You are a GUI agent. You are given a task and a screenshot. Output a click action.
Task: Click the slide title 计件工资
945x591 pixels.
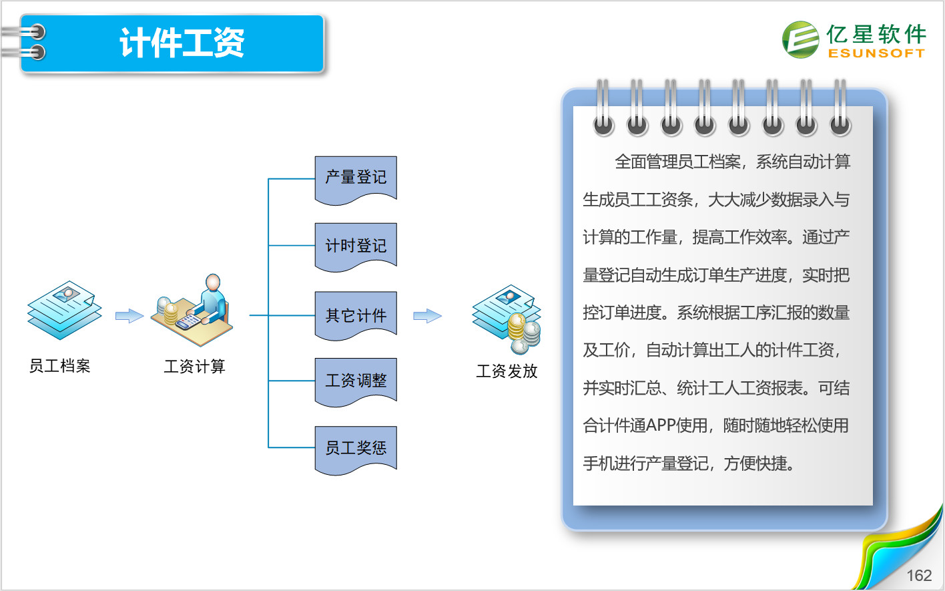click(x=182, y=43)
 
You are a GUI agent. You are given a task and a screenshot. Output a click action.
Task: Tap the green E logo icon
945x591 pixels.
click(x=801, y=39)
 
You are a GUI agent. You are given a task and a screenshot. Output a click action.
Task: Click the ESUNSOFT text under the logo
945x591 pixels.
click(x=876, y=53)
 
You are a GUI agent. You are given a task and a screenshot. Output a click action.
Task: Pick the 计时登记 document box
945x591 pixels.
click(x=356, y=247)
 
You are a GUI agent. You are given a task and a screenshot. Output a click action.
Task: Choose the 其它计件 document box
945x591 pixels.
click(x=356, y=316)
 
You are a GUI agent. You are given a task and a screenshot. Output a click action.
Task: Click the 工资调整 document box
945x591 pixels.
click(x=356, y=383)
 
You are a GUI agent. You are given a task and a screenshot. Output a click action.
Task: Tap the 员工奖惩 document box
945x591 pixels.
click(x=356, y=450)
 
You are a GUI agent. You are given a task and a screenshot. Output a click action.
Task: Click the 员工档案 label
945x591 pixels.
click(x=59, y=366)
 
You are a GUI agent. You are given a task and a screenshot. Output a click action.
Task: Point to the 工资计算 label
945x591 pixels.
click(x=194, y=367)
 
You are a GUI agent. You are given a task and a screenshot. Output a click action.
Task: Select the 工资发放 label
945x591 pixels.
click(x=507, y=371)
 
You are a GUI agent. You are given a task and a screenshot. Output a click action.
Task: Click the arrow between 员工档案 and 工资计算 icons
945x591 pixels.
click(x=129, y=316)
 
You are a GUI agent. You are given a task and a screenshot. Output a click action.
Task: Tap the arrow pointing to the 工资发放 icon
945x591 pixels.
click(x=427, y=316)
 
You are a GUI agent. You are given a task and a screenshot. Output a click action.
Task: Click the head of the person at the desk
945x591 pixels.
click(x=213, y=282)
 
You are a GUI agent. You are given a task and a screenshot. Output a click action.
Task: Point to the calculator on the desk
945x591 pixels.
click(x=188, y=322)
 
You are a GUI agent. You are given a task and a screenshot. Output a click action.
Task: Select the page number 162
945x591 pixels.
click(x=919, y=576)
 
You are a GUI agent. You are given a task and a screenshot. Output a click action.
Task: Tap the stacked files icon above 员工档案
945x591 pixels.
click(x=65, y=311)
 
